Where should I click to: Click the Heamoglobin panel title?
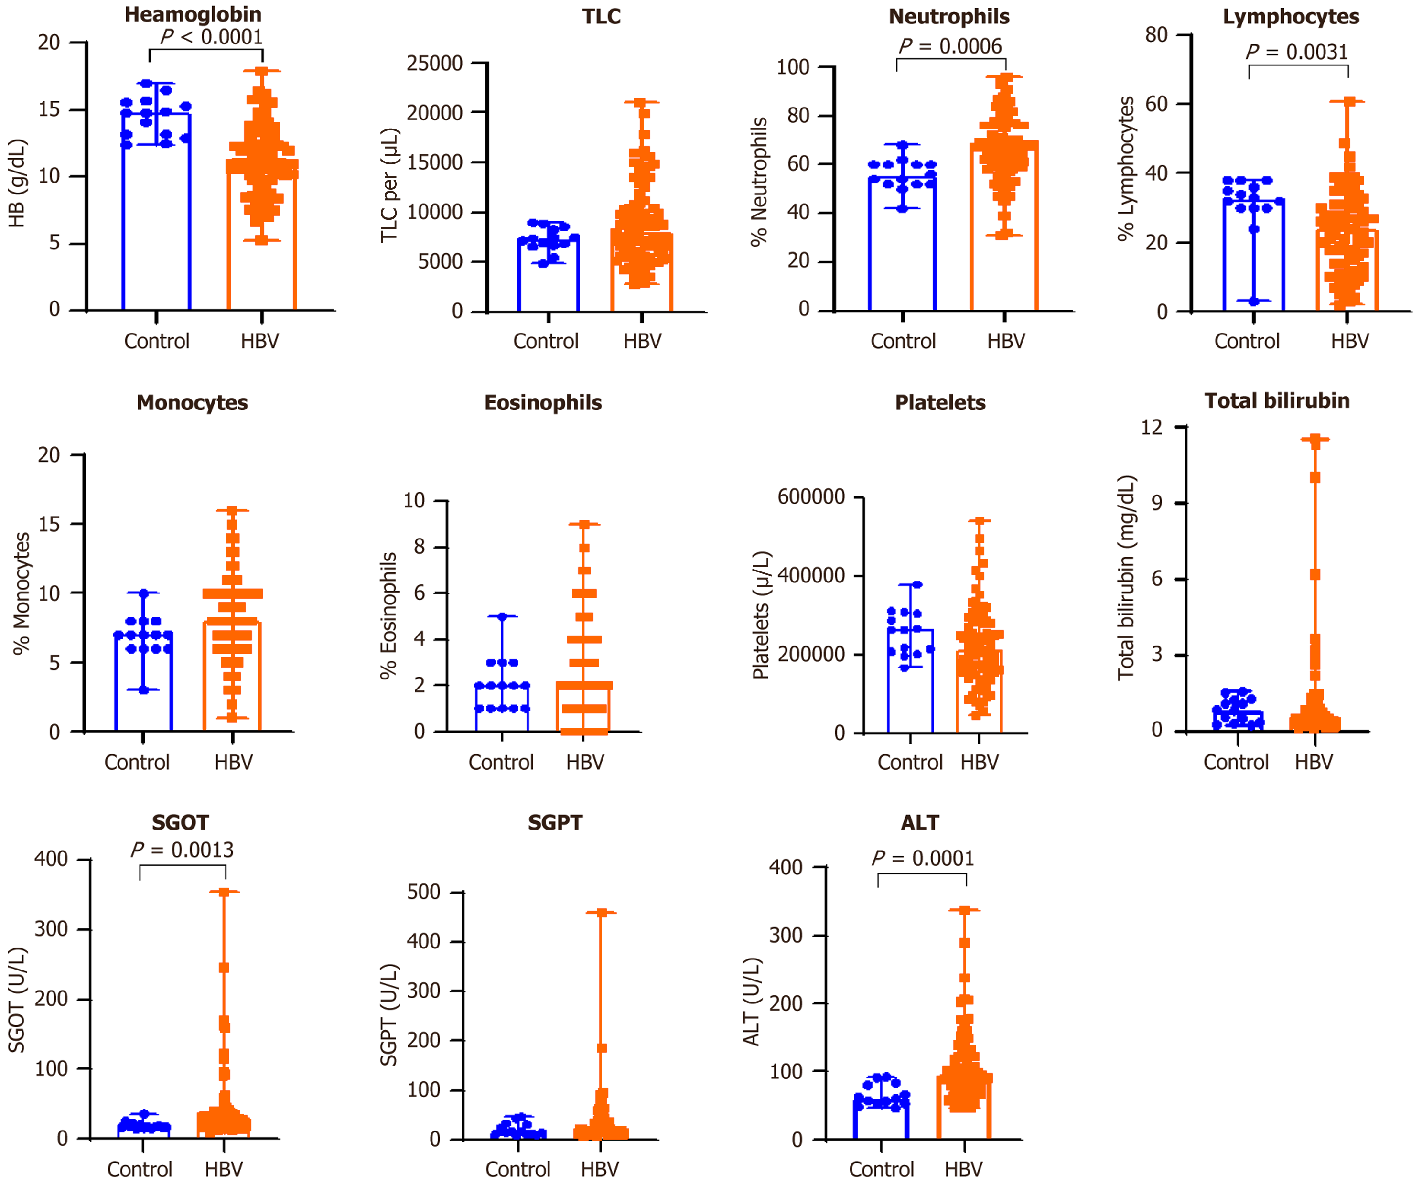pos(193,14)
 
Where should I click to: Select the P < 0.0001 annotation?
pos(211,37)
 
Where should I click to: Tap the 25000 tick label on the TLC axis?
pos(434,64)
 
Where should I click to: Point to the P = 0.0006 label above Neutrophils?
pos(950,46)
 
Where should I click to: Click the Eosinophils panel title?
pos(543,403)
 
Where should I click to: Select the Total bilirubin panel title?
pos(1277,401)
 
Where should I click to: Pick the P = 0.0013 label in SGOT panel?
pos(182,850)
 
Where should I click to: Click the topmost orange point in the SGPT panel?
pos(601,913)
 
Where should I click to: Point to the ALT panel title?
pos(920,823)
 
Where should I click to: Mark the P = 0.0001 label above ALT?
pos(923,859)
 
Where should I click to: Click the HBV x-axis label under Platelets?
pos(979,763)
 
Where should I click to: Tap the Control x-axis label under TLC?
pos(546,341)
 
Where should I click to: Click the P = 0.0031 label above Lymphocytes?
pos(1297,52)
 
